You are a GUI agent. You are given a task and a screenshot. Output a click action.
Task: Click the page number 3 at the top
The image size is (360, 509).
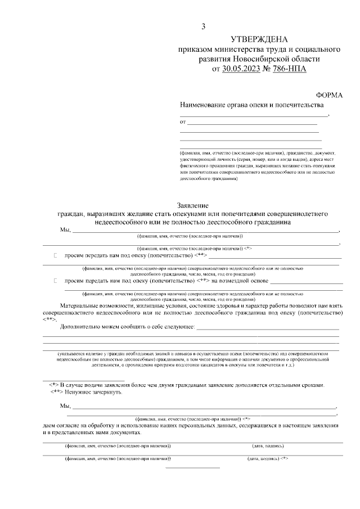[204, 26]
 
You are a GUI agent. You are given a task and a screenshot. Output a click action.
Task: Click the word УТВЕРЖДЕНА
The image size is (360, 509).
[259, 39]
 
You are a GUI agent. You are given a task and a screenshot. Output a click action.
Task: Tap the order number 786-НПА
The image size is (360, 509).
[290, 69]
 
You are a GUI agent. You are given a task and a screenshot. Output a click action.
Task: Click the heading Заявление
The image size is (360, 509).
[192, 205]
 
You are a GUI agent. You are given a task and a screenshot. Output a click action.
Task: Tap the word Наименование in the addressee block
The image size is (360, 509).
[205, 105]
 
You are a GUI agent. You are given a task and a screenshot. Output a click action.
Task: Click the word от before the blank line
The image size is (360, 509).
[182, 121]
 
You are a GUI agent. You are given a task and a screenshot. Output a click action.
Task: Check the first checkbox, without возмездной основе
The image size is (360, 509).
[56, 255]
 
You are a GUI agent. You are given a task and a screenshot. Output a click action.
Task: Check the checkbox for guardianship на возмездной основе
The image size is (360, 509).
[56, 280]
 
